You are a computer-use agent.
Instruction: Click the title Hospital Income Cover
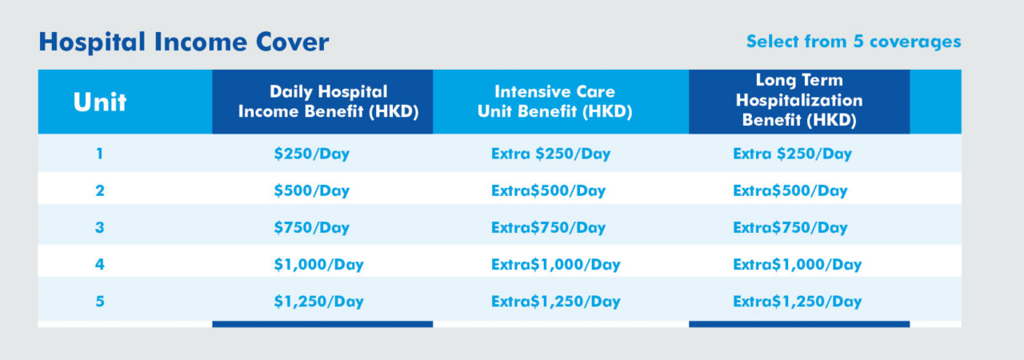click(184, 42)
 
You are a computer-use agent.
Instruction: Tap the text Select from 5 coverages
click(854, 42)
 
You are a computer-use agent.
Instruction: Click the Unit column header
click(100, 102)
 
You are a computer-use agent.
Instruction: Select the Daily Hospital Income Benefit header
click(328, 102)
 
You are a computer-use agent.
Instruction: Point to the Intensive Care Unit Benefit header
click(555, 102)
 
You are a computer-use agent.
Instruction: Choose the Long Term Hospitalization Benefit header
click(799, 100)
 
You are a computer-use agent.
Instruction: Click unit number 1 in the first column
click(100, 154)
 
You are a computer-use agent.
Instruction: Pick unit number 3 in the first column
click(100, 227)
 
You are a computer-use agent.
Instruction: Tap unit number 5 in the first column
click(100, 302)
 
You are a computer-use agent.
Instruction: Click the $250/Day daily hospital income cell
click(312, 154)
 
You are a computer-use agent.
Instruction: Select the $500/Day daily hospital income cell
click(312, 191)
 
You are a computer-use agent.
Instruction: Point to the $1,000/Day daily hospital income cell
click(318, 265)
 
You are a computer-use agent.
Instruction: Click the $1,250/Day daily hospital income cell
click(318, 302)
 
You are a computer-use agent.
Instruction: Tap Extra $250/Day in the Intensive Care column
click(551, 154)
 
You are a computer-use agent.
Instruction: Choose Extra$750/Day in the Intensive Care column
click(549, 228)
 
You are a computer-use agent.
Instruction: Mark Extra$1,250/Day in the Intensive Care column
click(556, 302)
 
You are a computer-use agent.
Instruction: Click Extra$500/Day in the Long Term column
click(790, 191)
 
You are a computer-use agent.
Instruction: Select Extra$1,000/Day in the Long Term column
click(798, 265)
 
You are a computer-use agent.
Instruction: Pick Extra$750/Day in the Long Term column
click(790, 228)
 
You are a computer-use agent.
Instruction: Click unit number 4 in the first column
click(100, 265)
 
